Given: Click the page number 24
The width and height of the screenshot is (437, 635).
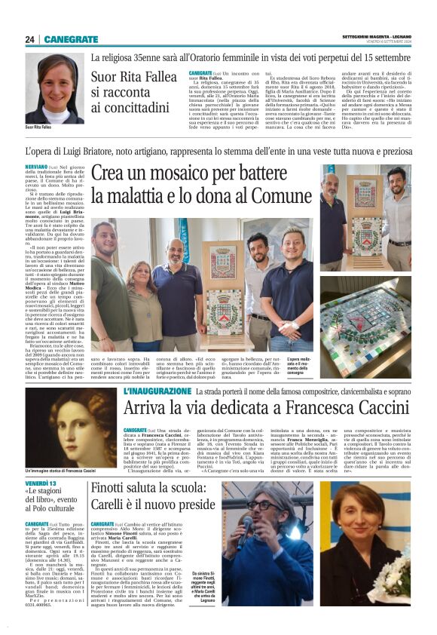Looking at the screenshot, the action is point(31,38).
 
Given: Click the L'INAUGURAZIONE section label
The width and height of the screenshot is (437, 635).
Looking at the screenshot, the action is point(157,392).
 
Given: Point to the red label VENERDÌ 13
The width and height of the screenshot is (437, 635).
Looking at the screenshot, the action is point(41,483).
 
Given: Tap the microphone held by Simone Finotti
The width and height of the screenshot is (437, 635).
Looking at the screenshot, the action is point(246,520).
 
